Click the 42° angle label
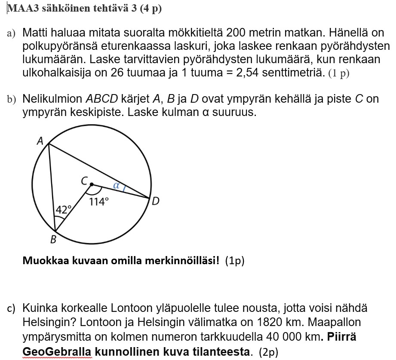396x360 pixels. click(63, 210)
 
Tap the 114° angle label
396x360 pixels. click(98, 201)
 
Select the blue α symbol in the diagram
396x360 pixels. click(116, 186)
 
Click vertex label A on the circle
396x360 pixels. click(40, 140)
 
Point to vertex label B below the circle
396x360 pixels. click(53, 240)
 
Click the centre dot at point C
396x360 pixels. click(91, 184)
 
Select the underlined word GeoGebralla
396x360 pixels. click(56, 352)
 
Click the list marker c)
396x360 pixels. click(11, 308)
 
